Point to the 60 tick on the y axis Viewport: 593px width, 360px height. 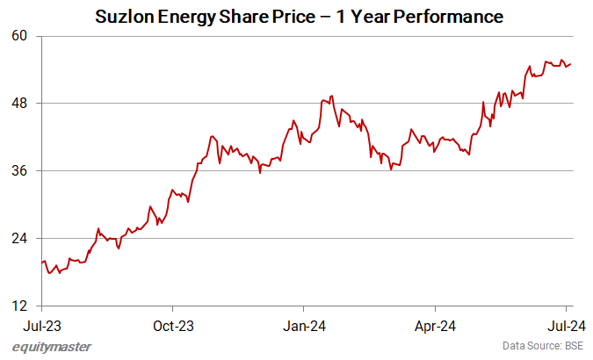(x=20, y=36)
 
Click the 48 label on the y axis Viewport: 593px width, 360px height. (x=20, y=104)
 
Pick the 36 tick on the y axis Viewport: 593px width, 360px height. (x=20, y=170)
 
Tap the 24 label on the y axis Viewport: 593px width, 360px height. (x=20, y=238)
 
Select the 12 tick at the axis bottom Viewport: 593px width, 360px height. (x=20, y=306)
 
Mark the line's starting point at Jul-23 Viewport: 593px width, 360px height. (x=42, y=262)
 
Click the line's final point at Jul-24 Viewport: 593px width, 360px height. (x=571, y=63)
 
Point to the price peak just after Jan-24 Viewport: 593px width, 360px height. (x=331, y=96)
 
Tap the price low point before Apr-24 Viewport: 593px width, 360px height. (x=390, y=169)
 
